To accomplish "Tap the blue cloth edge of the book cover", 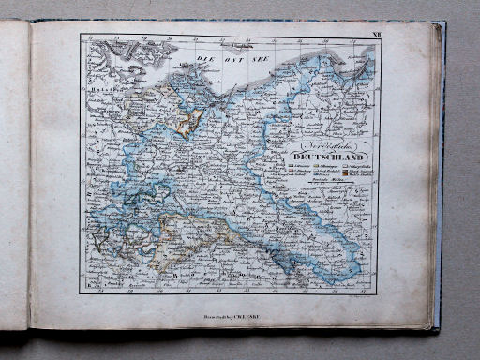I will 440,187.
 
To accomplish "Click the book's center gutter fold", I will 29,178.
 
